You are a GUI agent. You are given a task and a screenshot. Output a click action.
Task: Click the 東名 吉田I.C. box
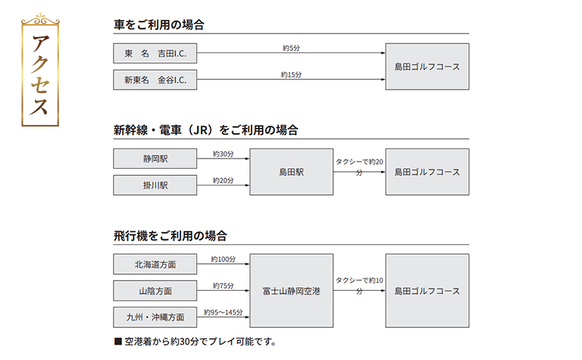(155, 53)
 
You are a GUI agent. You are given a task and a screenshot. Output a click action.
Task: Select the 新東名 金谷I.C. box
(155, 80)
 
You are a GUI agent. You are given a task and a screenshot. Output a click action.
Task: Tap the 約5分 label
(291, 48)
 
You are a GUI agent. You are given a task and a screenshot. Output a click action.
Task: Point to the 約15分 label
(291, 74)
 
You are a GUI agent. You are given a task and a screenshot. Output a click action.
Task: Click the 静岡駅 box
(155, 159)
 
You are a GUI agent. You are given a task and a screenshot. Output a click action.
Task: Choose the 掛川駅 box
(155, 185)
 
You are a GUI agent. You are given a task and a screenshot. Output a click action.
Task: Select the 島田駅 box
(291, 172)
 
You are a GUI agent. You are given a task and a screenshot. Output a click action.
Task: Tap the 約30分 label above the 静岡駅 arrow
(223, 153)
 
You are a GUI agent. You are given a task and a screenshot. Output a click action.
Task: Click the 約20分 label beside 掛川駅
(223, 180)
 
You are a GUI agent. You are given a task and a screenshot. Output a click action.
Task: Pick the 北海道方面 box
(155, 264)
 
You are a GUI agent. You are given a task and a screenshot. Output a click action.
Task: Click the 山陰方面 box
(155, 291)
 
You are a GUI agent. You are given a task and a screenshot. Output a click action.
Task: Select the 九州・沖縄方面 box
(155, 317)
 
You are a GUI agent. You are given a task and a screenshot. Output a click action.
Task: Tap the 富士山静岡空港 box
(291, 291)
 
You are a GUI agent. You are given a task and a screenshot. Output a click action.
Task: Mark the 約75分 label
(223, 286)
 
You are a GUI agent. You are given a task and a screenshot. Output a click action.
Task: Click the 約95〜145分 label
(223, 312)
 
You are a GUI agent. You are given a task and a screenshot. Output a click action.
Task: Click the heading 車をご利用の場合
(159, 25)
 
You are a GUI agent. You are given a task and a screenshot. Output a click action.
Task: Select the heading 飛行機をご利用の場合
(170, 236)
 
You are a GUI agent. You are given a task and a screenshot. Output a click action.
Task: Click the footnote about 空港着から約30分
(196, 341)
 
